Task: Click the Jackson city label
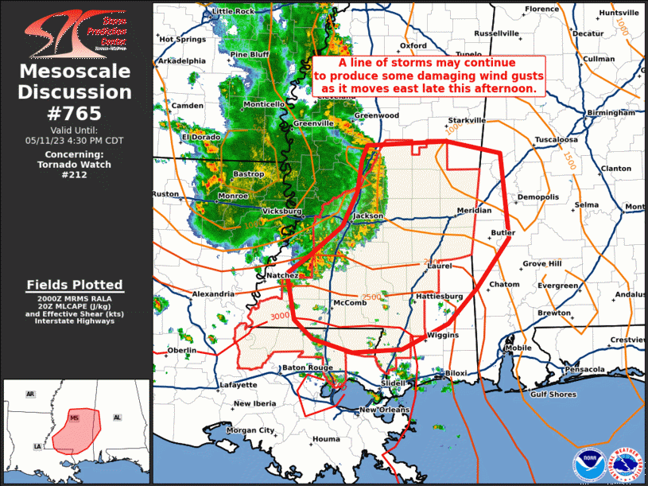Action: click(x=368, y=216)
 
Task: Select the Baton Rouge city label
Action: click(x=307, y=367)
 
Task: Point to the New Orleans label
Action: click(x=384, y=410)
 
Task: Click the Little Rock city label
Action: click(x=233, y=11)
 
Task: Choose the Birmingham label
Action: click(x=611, y=113)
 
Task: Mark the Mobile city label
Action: click(x=518, y=348)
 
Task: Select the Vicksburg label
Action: click(x=282, y=212)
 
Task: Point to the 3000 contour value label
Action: click(x=280, y=317)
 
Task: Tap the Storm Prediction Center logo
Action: click(x=75, y=33)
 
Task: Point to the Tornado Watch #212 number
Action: click(x=75, y=175)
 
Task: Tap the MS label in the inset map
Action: click(x=75, y=418)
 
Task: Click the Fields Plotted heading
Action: click(x=75, y=285)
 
